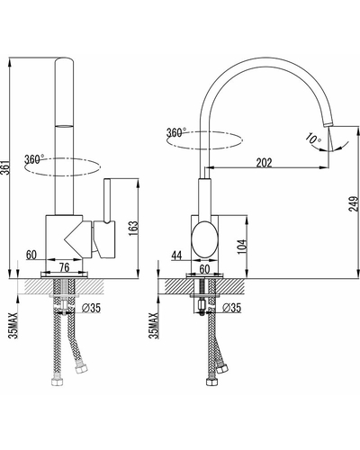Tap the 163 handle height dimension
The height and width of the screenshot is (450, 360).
point(133,229)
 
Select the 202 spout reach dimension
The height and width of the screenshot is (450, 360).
point(264,163)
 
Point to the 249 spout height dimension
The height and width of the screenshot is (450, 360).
point(354,203)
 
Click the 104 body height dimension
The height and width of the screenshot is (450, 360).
point(242,247)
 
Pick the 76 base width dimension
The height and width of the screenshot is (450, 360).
point(64,267)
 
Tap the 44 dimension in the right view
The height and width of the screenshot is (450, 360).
point(176,256)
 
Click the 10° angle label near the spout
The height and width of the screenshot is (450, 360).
point(313,139)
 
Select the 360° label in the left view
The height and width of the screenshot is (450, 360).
point(34,158)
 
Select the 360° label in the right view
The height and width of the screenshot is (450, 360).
point(176,132)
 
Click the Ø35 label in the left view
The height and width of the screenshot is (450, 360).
point(91,308)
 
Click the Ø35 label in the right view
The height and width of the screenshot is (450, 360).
point(231,308)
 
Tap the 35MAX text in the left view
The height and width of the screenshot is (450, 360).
point(13,326)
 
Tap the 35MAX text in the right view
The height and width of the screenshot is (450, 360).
point(154,326)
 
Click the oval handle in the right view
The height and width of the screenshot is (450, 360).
point(204,239)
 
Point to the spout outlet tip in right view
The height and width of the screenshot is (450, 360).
point(328,124)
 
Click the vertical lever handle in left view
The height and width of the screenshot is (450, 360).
point(107,201)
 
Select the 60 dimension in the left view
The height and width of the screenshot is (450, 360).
point(31,255)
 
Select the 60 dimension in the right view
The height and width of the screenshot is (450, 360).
point(204,269)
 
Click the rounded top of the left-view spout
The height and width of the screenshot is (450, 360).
point(65,59)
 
